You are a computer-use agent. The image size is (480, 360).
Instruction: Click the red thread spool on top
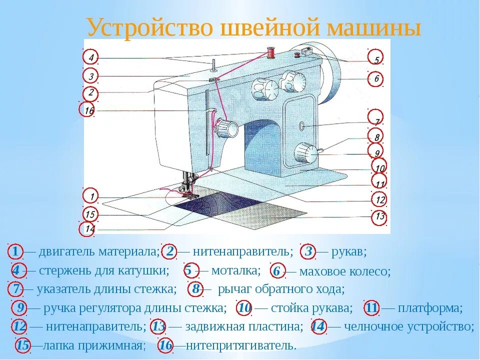pyautogui.click(x=270, y=52)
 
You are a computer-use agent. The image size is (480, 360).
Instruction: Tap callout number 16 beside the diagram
pyautogui.click(x=88, y=110)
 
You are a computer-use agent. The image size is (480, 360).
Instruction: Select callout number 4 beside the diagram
pyautogui.click(x=90, y=57)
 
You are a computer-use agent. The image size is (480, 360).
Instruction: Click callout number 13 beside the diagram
pyautogui.click(x=380, y=217)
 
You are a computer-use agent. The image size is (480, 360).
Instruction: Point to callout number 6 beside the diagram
pyautogui.click(x=376, y=78)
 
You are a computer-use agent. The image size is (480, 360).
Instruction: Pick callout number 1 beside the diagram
pyautogui.click(x=90, y=195)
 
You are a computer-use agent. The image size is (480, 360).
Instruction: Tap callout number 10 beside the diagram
pyautogui.click(x=379, y=168)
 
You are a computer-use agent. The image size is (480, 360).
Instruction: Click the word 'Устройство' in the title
pyautogui.click(x=152, y=27)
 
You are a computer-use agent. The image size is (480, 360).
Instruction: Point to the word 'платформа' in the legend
pyautogui.click(x=430, y=308)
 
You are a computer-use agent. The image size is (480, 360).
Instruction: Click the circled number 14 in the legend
pyautogui.click(x=318, y=326)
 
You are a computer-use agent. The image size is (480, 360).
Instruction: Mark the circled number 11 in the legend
pyautogui.click(x=371, y=308)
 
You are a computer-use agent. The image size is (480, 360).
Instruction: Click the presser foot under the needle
pyautogui.click(x=187, y=192)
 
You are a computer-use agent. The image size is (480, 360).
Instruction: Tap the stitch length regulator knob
pyautogui.click(x=305, y=152)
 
